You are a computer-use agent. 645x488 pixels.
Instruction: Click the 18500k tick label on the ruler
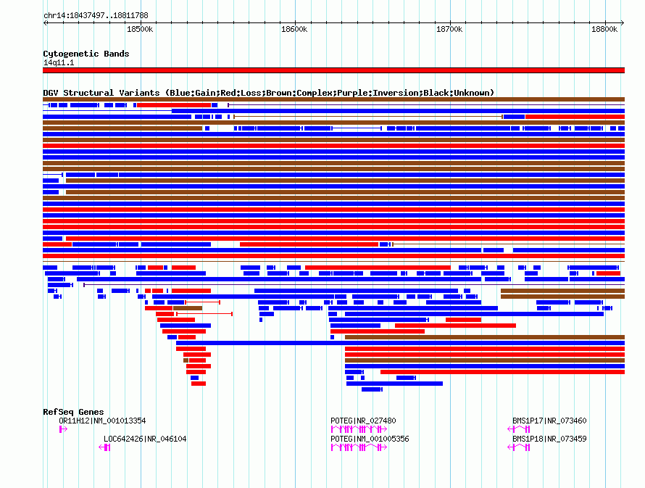(140, 29)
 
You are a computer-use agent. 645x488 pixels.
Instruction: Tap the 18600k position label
(294, 29)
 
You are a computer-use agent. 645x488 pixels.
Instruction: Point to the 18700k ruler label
(449, 29)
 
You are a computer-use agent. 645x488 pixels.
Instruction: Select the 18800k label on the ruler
(604, 29)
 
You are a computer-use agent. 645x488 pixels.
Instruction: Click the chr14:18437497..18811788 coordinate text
(96, 16)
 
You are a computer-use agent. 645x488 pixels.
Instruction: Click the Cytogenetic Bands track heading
(86, 54)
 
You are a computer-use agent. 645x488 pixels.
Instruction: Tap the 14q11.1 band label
(59, 62)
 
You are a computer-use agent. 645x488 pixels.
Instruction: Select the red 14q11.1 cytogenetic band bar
(333, 70)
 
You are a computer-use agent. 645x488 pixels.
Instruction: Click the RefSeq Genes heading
(73, 412)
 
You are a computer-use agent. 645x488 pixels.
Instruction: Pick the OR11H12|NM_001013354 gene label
(102, 421)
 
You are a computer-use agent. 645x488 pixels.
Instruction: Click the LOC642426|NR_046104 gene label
(145, 439)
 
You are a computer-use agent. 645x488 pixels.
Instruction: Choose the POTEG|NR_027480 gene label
(363, 421)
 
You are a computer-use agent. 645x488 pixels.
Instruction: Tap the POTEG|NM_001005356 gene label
(370, 439)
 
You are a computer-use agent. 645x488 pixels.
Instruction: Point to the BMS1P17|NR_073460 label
(549, 421)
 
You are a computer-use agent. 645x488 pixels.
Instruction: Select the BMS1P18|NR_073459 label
(549, 439)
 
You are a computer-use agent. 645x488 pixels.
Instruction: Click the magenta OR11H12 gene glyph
(63, 429)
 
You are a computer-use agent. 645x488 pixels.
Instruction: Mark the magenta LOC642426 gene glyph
(104, 447)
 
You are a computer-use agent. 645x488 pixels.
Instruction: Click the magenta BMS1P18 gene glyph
(519, 447)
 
